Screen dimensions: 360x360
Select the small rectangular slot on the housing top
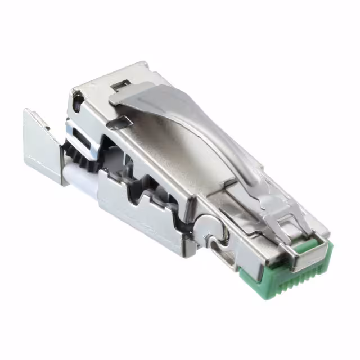pos(119,85)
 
